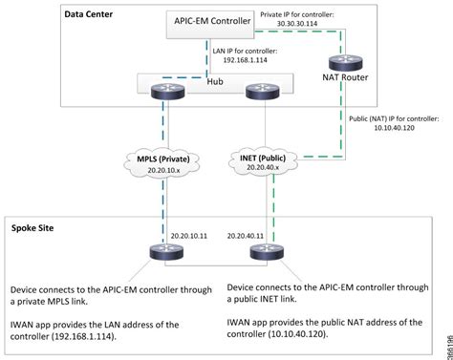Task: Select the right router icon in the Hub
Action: coord(259,92)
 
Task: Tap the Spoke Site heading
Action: coord(37,229)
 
